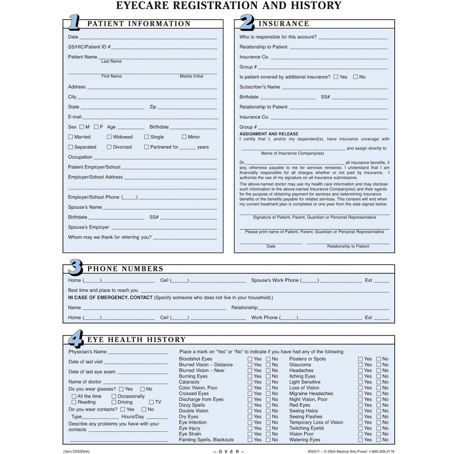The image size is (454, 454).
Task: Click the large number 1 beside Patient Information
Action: (74, 22)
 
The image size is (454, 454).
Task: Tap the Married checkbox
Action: (71, 137)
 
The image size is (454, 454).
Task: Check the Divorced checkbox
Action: (109, 147)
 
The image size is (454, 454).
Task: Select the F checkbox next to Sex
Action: (96, 127)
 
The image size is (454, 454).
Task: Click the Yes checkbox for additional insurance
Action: (336, 77)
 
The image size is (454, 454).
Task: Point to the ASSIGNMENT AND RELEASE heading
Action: (269, 134)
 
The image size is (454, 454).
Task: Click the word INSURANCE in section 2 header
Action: (284, 24)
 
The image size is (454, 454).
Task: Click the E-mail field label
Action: (75, 117)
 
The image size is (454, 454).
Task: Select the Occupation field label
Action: (80, 157)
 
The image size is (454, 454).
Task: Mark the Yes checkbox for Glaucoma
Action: (360, 365)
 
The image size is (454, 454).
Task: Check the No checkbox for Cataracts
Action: (268, 382)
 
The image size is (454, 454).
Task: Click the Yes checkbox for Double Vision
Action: (250, 411)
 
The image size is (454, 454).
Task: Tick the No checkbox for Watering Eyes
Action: (379, 440)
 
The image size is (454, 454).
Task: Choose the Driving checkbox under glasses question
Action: (114, 402)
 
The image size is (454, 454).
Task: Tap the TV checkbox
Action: (151, 402)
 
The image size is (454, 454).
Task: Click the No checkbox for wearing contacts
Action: (144, 409)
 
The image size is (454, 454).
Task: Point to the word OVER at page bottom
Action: (229, 452)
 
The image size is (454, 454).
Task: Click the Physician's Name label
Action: (87, 352)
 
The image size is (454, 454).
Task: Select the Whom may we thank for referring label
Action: (110, 237)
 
